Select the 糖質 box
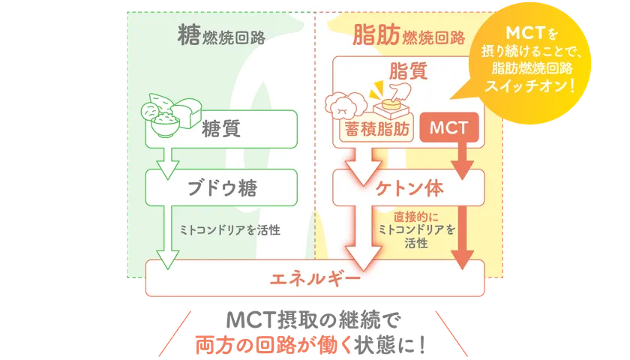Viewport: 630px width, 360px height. [x=221, y=128]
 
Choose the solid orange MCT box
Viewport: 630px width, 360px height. [x=449, y=128]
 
